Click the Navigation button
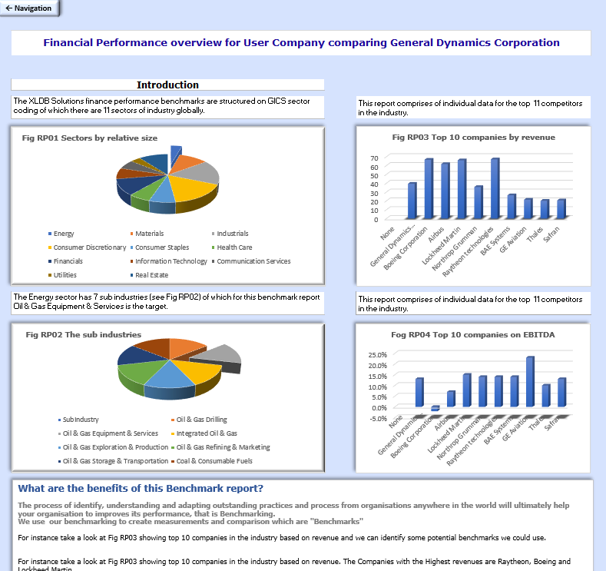pos(29,8)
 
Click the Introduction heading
pos(167,85)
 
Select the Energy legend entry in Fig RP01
pos(64,234)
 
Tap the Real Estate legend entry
pos(151,275)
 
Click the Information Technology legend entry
pos(171,261)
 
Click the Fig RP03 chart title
pos(473,138)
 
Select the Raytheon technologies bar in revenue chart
pos(495,188)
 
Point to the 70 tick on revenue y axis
pos(374,158)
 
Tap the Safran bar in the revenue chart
pos(561,208)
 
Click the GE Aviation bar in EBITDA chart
pos(529,381)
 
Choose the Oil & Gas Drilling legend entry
pos(202,420)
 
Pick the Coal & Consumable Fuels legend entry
pos(214,461)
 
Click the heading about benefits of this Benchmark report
pos(141,488)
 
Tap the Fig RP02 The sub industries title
pos(83,334)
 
